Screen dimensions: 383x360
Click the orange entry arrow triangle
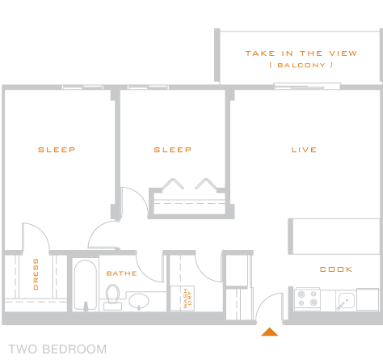pyautogui.click(x=270, y=332)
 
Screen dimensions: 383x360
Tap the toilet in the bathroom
pyautogui.click(x=112, y=297)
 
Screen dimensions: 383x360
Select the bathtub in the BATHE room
pyautogui.click(x=86, y=285)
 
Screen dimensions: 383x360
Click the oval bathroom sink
pyautogui.click(x=139, y=301)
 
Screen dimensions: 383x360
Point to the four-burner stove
pyautogui.click(x=307, y=299)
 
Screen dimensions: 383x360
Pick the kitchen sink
pyautogui.click(x=347, y=301)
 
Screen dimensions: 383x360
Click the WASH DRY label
pyautogui.click(x=187, y=299)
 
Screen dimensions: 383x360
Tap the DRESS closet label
pyautogui.click(x=36, y=274)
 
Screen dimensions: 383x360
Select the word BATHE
pyautogui.click(x=122, y=273)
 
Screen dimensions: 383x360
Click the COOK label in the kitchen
pyautogui.click(x=336, y=269)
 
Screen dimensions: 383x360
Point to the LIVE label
pyautogui.click(x=304, y=150)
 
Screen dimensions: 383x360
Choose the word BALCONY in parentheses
pyautogui.click(x=301, y=66)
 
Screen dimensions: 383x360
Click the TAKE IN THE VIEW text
pyautogui.click(x=301, y=53)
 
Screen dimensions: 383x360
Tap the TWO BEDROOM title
pyautogui.click(x=57, y=349)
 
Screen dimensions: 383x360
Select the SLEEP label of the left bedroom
pyautogui.click(x=57, y=150)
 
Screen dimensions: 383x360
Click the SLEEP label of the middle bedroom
pyautogui.click(x=173, y=150)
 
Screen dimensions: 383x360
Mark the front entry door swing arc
pyautogui.click(x=265, y=300)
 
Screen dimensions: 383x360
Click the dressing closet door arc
pyautogui.click(x=40, y=230)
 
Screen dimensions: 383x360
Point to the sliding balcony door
pyautogui.click(x=307, y=87)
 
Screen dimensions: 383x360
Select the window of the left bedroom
pyautogui.click(x=82, y=87)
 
